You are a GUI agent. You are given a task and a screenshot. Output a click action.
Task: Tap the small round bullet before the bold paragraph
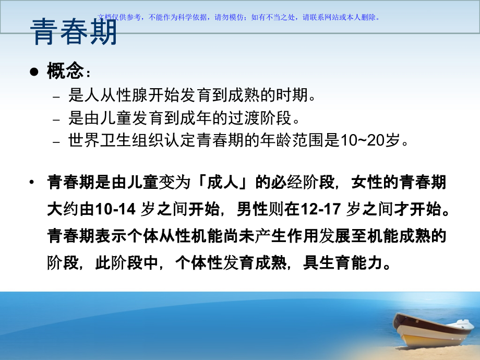point(33,183)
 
